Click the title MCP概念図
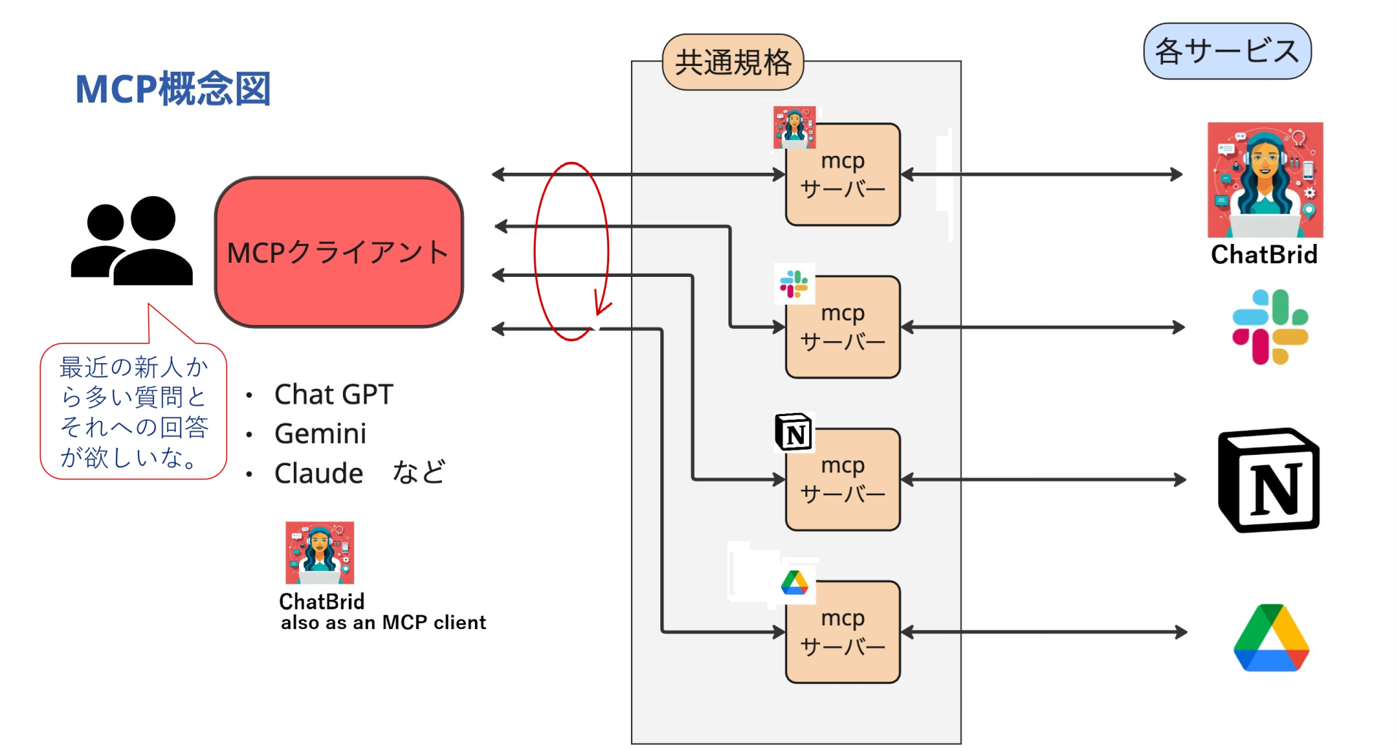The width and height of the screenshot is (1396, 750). [x=173, y=89]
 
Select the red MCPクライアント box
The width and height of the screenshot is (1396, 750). [x=339, y=252]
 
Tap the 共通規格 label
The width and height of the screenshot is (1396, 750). [x=733, y=62]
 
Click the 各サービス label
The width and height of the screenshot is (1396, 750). [x=1227, y=51]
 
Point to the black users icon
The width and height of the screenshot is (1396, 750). [x=132, y=240]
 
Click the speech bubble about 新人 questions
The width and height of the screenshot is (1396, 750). [x=133, y=412]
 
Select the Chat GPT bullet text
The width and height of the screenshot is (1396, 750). [x=333, y=395]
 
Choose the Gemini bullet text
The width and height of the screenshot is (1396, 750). [x=320, y=434]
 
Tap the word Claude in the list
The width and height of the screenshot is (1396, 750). [x=319, y=473]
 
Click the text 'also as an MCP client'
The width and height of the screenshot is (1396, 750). [x=383, y=623]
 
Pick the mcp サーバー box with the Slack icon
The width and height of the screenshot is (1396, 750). [x=843, y=327]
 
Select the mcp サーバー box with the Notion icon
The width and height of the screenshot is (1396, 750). [x=843, y=480]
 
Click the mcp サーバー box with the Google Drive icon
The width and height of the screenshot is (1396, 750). [x=843, y=632]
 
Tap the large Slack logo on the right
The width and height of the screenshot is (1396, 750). [x=1270, y=327]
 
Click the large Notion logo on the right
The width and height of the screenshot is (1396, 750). [x=1268, y=480]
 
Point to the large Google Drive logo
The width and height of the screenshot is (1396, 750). [x=1271, y=638]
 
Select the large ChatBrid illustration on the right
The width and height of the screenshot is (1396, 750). [x=1265, y=179]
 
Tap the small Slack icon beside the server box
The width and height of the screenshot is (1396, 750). [x=794, y=283]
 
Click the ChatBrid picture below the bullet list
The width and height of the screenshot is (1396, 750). [x=320, y=552]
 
